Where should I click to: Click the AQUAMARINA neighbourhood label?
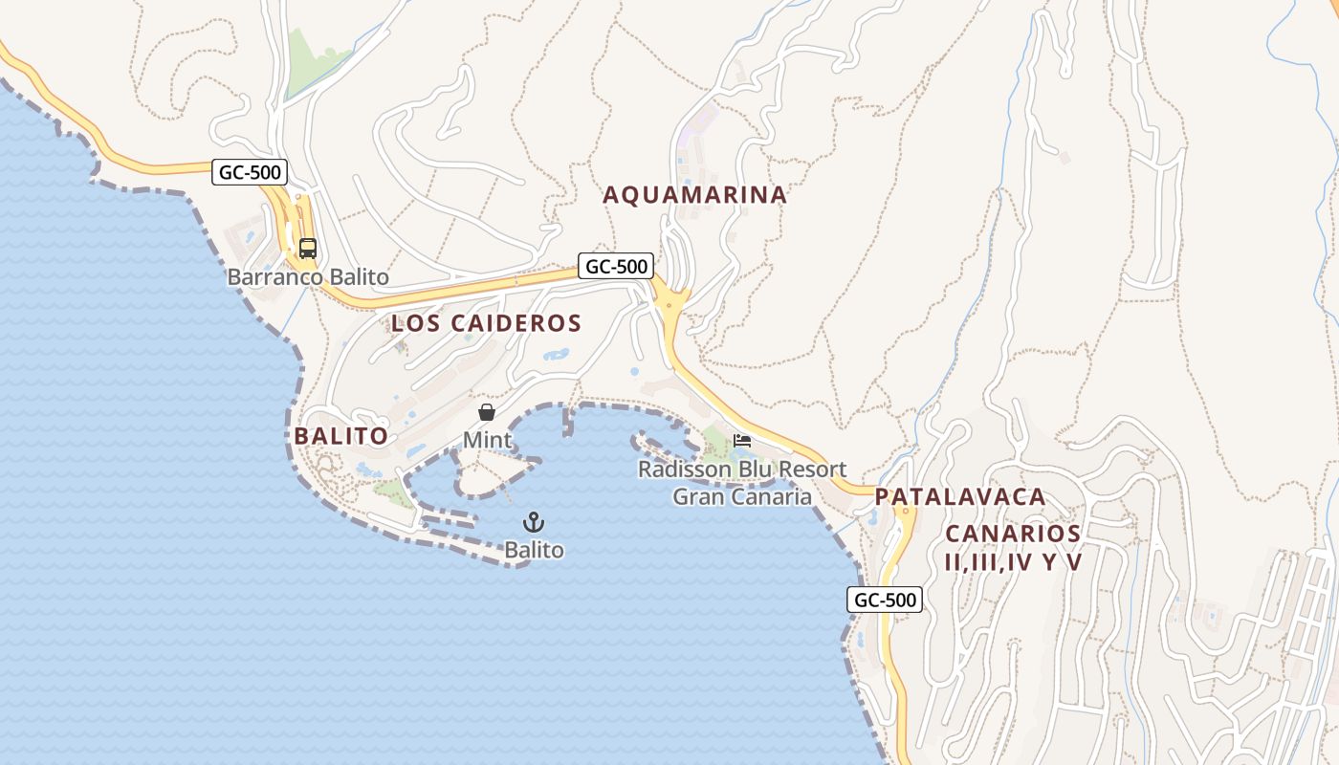pos(694,195)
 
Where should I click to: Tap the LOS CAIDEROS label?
pos(486,323)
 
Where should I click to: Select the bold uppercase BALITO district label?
pos(340,436)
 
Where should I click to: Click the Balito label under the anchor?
pos(534,551)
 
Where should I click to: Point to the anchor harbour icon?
pos(534,522)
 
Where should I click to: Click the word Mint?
pos(487,441)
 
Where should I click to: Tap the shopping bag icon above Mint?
pos(487,412)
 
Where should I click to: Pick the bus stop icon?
pos(307,249)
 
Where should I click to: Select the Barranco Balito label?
pos(308,277)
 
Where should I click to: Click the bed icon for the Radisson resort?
pos(742,441)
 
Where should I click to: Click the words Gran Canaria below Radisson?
pos(742,496)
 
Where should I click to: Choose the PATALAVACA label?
pos(959,497)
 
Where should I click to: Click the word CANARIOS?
pos(1013,534)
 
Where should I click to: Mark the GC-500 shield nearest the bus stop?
pos(249,172)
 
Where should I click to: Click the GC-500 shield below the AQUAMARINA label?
pos(615,267)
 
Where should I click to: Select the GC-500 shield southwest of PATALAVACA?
pos(884,601)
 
